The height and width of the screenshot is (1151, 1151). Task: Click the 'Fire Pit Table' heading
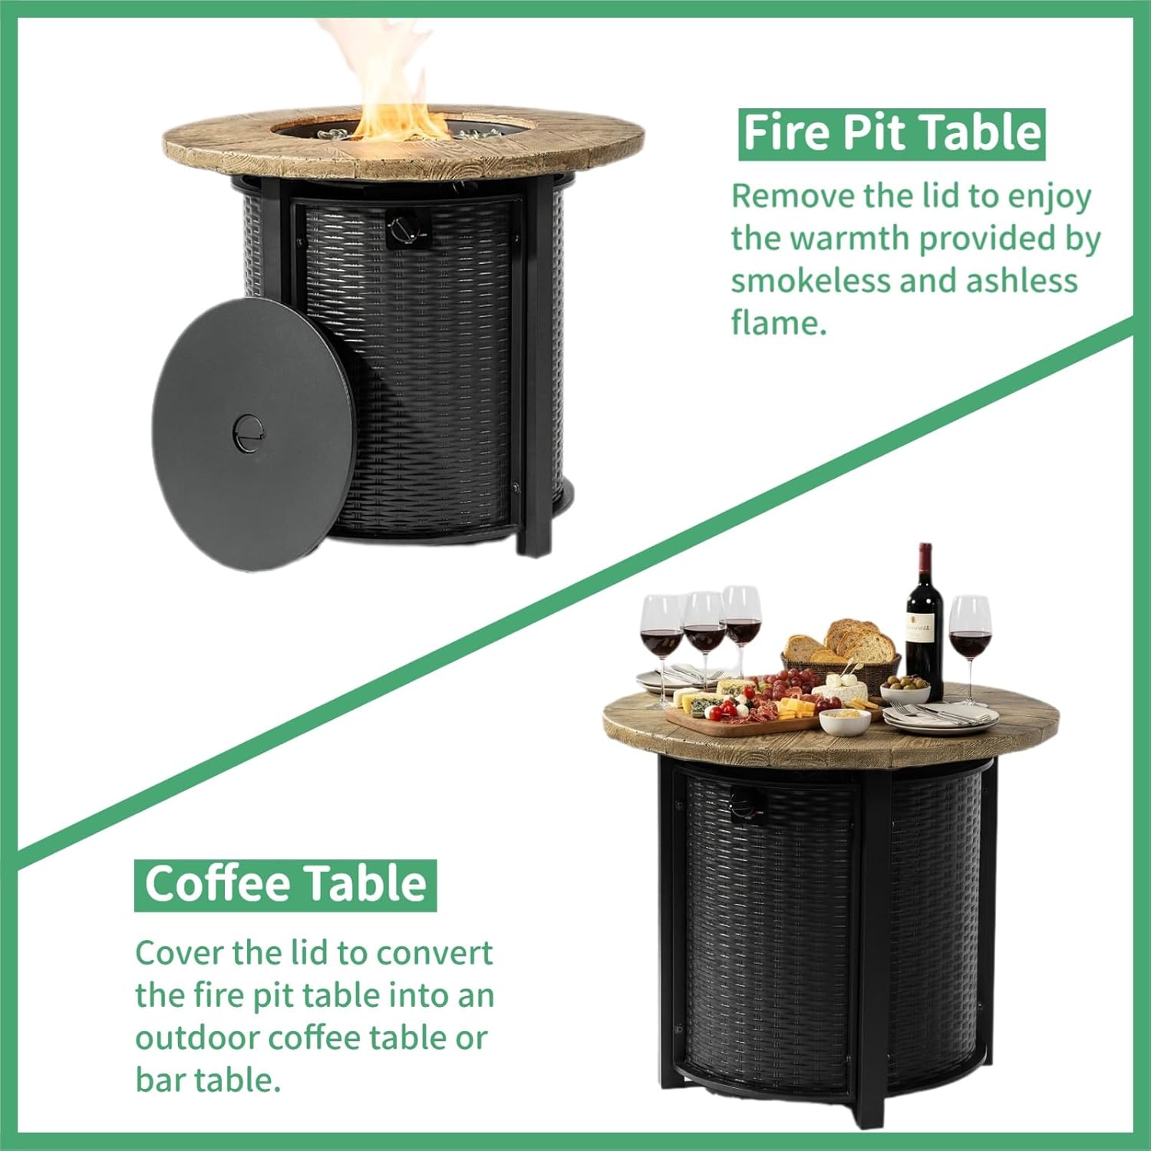coord(892,134)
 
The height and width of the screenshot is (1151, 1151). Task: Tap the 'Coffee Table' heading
coord(285,885)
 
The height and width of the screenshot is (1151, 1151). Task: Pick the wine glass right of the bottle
coord(969,637)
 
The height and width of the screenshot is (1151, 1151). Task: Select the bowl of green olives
coord(905,690)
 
